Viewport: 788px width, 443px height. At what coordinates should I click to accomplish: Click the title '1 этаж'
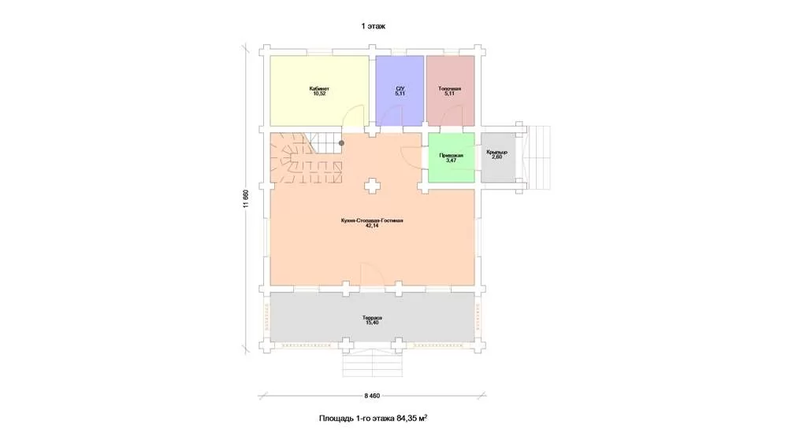click(x=373, y=26)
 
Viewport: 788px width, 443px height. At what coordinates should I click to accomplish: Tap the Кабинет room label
click(x=319, y=89)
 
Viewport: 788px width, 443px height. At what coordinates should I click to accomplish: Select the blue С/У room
click(x=400, y=90)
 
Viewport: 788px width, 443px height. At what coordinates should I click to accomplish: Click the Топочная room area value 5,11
click(x=449, y=94)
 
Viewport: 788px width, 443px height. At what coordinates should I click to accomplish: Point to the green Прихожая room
click(x=452, y=157)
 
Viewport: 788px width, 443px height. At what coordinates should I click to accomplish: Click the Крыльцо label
click(x=496, y=152)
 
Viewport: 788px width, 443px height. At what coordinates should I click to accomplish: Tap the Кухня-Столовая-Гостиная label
click(x=372, y=221)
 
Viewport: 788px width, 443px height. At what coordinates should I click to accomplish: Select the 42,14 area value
click(x=372, y=226)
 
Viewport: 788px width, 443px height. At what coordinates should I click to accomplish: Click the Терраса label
click(x=372, y=318)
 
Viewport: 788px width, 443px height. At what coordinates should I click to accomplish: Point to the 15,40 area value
click(x=372, y=323)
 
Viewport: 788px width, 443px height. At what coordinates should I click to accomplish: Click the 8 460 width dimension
click(x=372, y=396)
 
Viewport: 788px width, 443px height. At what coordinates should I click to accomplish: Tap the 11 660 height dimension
click(x=246, y=198)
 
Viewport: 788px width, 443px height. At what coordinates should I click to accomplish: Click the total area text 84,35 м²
click(x=412, y=418)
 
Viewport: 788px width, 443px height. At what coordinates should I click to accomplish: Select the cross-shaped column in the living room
click(x=372, y=186)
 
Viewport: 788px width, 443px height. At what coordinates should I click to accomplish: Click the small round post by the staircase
click(x=342, y=143)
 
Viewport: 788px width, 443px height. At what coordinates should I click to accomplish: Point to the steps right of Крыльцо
click(x=539, y=157)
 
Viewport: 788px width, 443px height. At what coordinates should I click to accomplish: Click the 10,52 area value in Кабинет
click(x=319, y=94)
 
